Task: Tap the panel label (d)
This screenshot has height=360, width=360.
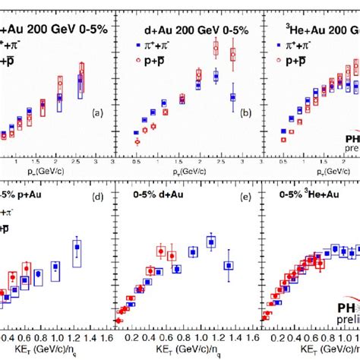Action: coord(96,196)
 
